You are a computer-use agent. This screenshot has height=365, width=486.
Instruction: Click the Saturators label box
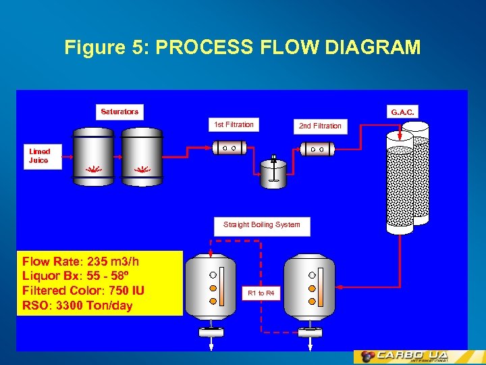119,112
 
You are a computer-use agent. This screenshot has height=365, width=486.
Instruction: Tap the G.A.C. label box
402,112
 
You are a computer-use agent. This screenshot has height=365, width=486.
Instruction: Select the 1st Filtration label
234,124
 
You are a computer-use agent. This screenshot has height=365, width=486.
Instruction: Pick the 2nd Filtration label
320,126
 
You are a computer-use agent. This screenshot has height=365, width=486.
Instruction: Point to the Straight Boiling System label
262,225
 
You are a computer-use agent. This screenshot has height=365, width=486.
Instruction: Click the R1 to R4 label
261,293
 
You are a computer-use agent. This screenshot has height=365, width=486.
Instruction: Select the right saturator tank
142,155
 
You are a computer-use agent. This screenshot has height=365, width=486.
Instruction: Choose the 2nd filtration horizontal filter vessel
317,149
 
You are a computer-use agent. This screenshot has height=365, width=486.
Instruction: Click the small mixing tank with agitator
273,174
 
